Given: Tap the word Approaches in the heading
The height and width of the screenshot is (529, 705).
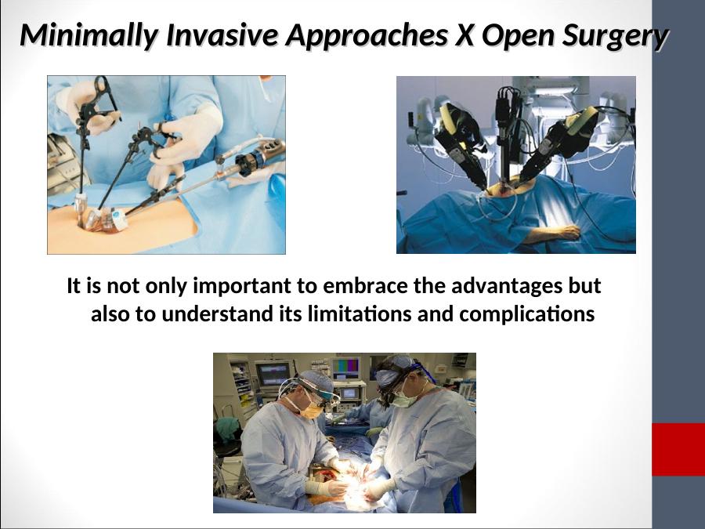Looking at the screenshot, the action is click(x=367, y=36).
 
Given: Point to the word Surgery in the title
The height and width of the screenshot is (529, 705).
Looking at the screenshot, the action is click(x=616, y=36).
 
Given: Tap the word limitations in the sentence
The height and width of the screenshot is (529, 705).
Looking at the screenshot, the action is click(x=360, y=313).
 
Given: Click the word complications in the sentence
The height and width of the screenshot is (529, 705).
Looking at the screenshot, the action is click(x=527, y=314).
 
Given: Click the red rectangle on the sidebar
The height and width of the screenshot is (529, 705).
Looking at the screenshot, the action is click(x=678, y=449).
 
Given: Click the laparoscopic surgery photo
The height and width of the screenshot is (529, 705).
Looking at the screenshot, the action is click(x=166, y=165).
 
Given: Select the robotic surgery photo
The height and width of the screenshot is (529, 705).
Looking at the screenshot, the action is click(x=515, y=165).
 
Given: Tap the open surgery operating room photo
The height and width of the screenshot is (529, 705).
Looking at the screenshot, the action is click(x=345, y=433).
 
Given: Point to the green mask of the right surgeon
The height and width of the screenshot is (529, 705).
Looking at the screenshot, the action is click(x=403, y=399).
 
